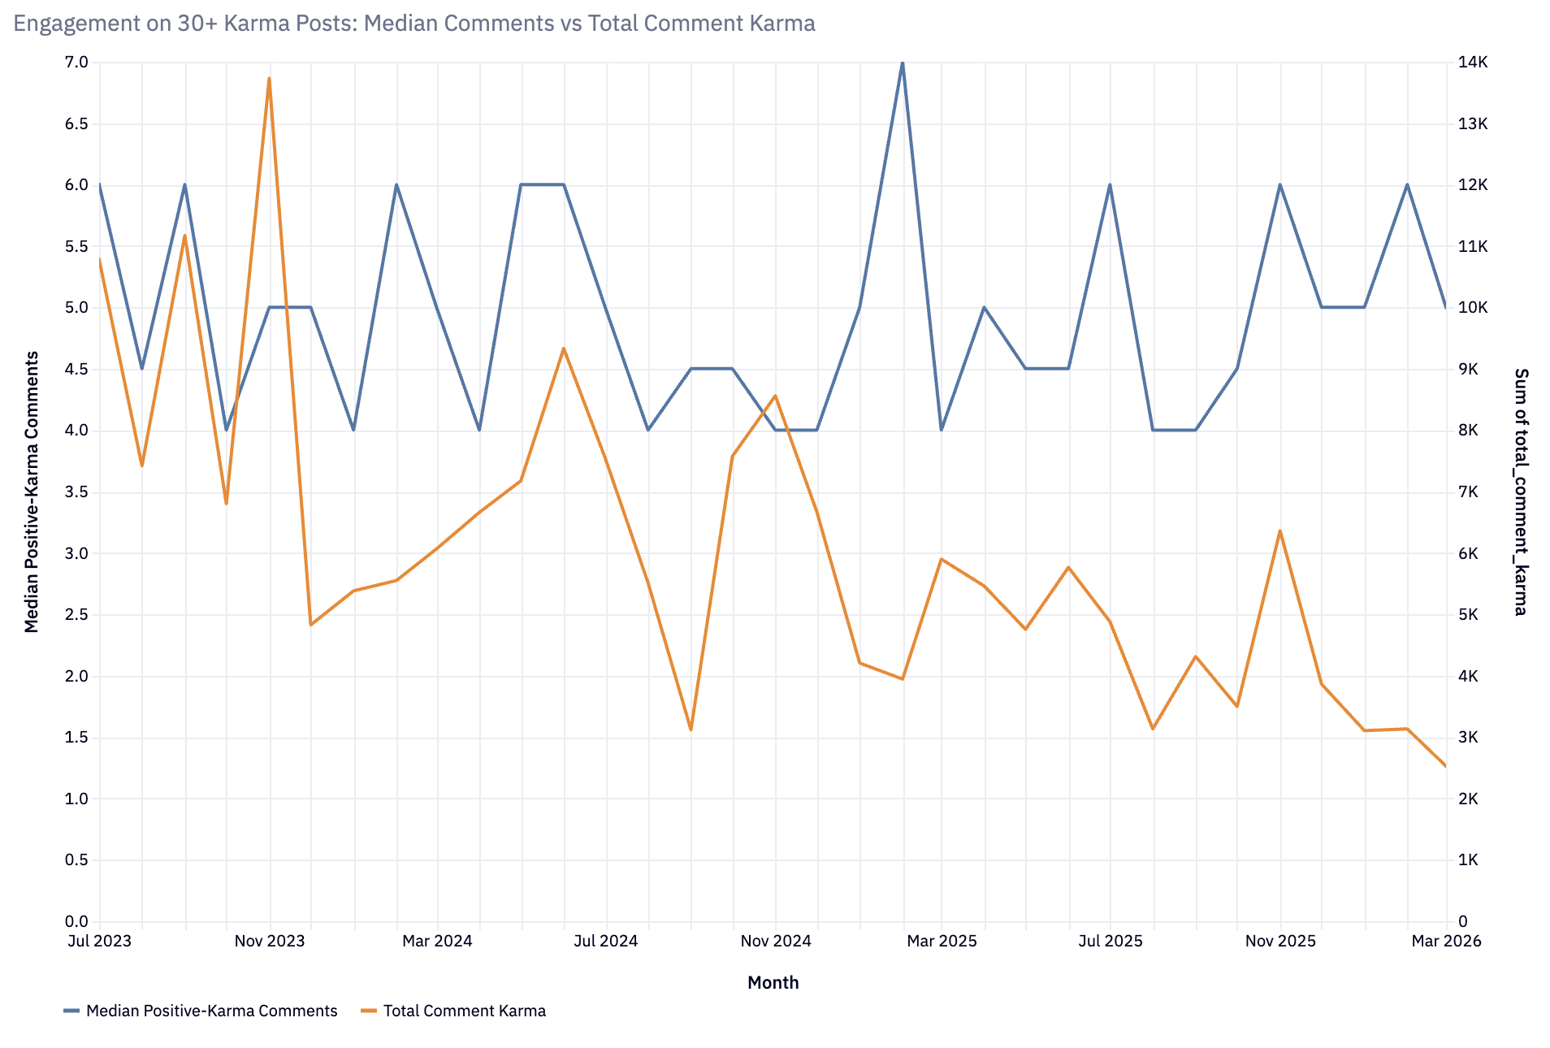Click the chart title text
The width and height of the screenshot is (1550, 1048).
[x=414, y=24]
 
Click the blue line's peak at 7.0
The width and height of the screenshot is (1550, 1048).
[x=903, y=63]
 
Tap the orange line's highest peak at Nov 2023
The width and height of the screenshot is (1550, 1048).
[x=269, y=79]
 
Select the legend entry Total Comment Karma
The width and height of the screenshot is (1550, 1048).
[x=464, y=1011]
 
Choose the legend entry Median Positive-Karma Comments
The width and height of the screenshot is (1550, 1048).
[x=211, y=1011]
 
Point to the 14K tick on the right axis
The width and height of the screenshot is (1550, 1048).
[x=1472, y=63]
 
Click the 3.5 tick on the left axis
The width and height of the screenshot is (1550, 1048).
[x=76, y=492]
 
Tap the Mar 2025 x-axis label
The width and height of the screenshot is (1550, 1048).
[x=942, y=941]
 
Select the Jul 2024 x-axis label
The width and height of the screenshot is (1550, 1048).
[x=606, y=941]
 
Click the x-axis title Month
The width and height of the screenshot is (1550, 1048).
[x=773, y=982]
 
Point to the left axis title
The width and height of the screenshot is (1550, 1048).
[x=32, y=492]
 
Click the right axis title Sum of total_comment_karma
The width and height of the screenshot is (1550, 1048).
[x=1521, y=492]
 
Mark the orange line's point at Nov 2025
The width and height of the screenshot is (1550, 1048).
[x=1279, y=531]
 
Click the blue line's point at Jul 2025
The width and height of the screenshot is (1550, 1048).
[x=1110, y=185]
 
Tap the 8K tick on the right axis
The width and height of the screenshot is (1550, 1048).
[x=1468, y=431]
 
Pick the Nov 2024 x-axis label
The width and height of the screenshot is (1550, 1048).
[x=776, y=941]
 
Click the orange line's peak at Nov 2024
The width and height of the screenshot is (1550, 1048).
[x=775, y=396]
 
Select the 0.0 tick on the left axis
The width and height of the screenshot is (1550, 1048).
[x=76, y=921]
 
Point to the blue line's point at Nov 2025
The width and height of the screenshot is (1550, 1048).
[x=1279, y=185]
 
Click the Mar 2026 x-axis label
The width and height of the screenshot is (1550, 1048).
[x=1446, y=941]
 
